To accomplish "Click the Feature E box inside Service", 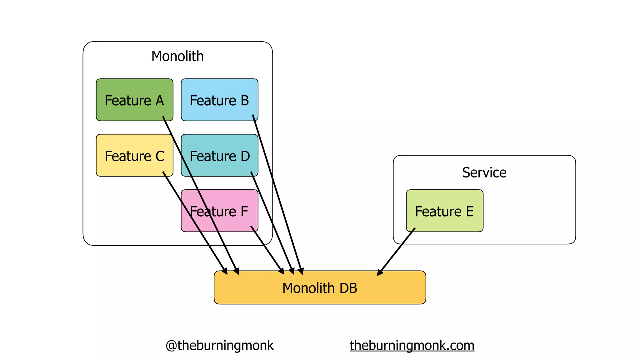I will (x=444, y=211).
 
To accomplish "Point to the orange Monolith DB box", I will (x=320, y=288).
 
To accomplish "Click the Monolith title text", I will (x=177, y=56).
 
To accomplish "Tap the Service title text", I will (x=484, y=172).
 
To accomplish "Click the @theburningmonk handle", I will (x=219, y=346).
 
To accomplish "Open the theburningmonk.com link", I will (x=412, y=346).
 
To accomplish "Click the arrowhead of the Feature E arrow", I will (x=379, y=273).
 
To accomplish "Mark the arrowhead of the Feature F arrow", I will (x=282, y=272).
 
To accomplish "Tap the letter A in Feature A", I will (x=160, y=101).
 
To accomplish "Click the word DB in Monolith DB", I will (x=348, y=288).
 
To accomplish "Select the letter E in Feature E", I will (x=470, y=212).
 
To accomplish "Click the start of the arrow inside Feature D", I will (x=252, y=173).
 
